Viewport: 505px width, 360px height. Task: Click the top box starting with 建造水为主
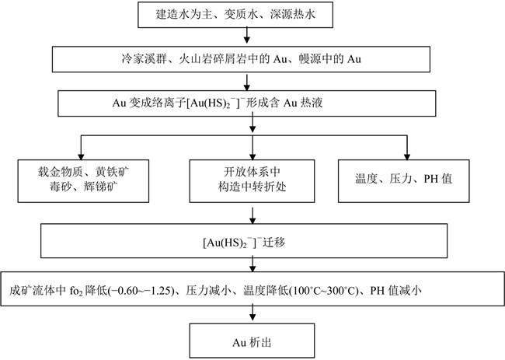click(x=246, y=13)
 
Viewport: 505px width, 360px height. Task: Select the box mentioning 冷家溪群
click(x=246, y=58)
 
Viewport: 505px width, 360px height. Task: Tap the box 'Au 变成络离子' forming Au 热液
click(x=246, y=102)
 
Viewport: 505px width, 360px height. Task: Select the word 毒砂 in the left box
click(x=58, y=189)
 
